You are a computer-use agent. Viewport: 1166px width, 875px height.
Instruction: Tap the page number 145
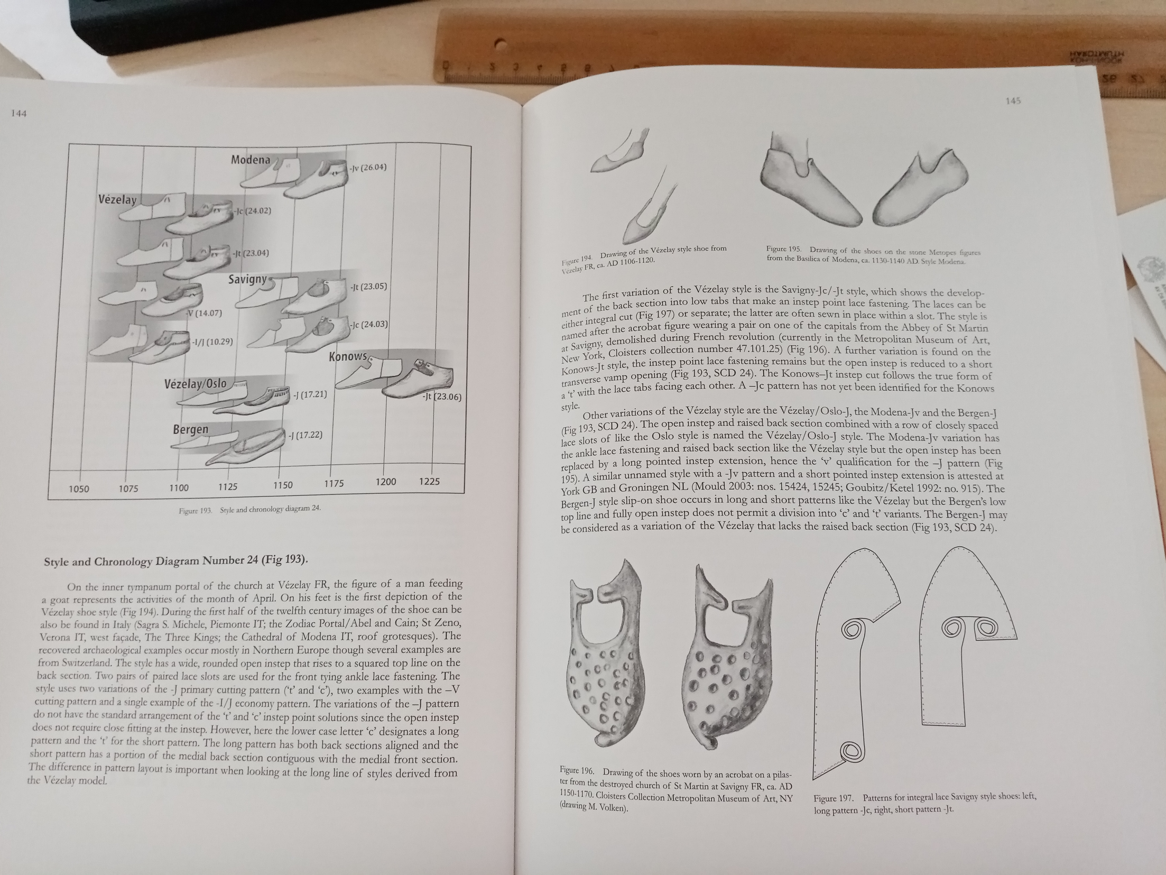pos(1013,101)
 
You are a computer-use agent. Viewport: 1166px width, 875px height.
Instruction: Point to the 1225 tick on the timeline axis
pos(429,481)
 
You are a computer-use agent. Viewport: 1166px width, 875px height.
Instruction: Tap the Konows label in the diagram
pos(348,356)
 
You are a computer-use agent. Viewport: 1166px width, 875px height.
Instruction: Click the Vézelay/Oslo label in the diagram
pos(196,383)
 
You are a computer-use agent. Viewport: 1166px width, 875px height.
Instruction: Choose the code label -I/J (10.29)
pos(212,342)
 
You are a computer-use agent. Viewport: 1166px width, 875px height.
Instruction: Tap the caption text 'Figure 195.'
pos(783,249)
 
